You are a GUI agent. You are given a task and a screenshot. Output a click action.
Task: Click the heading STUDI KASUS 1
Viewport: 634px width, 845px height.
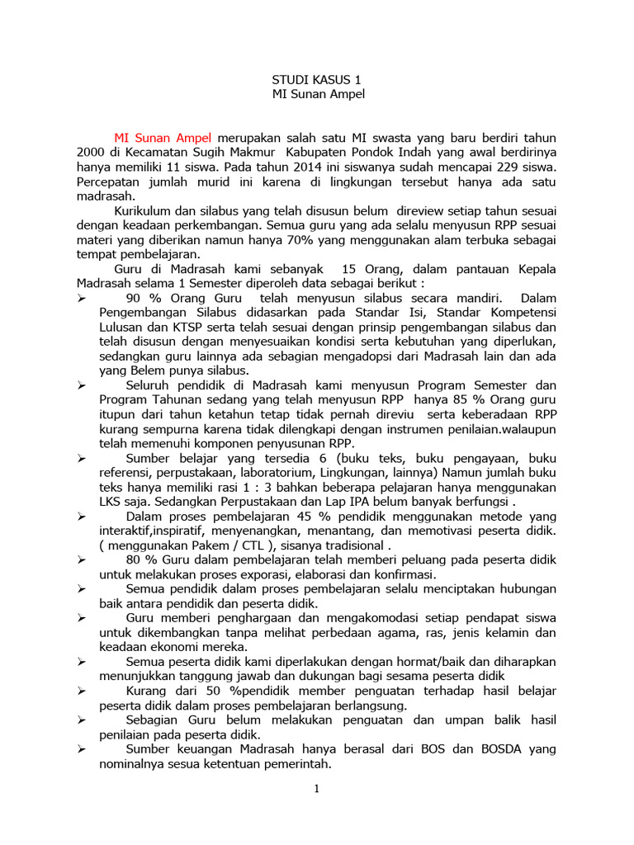coord(317,80)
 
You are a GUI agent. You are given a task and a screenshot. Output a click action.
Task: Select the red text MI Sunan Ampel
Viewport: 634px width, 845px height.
coord(163,137)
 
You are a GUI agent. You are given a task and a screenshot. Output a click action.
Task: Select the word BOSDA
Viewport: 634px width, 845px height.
coord(488,749)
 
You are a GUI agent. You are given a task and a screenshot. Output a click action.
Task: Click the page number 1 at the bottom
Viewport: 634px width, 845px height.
coord(316,788)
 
